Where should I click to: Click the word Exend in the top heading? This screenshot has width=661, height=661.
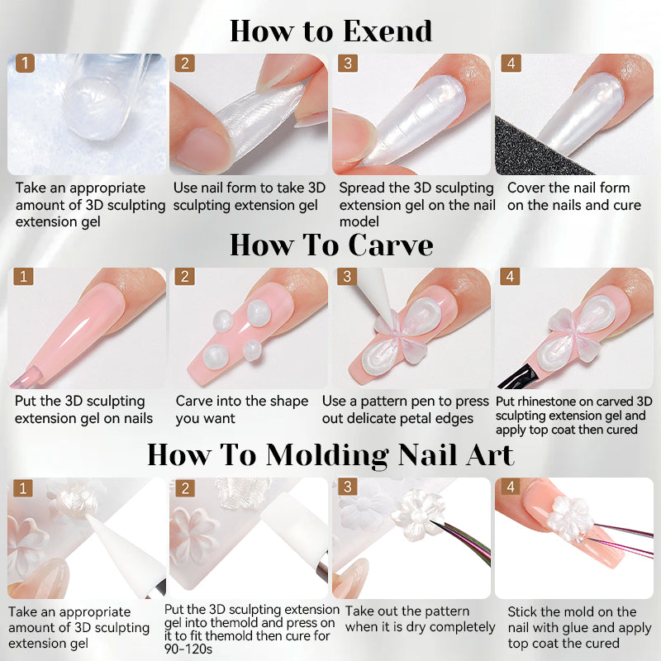388,31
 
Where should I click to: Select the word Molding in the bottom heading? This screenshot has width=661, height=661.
326,456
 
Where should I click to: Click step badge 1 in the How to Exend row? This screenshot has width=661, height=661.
25,64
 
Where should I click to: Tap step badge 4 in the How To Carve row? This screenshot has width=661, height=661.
510,277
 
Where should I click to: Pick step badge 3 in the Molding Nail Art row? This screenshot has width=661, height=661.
347,487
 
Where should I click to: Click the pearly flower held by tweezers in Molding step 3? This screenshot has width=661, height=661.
416,513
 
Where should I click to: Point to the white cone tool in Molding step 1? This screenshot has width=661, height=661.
126,552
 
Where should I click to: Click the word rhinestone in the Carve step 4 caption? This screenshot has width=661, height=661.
547,402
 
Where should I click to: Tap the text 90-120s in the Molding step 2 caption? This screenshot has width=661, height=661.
188,649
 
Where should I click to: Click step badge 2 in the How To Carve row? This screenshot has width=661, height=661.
184,277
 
